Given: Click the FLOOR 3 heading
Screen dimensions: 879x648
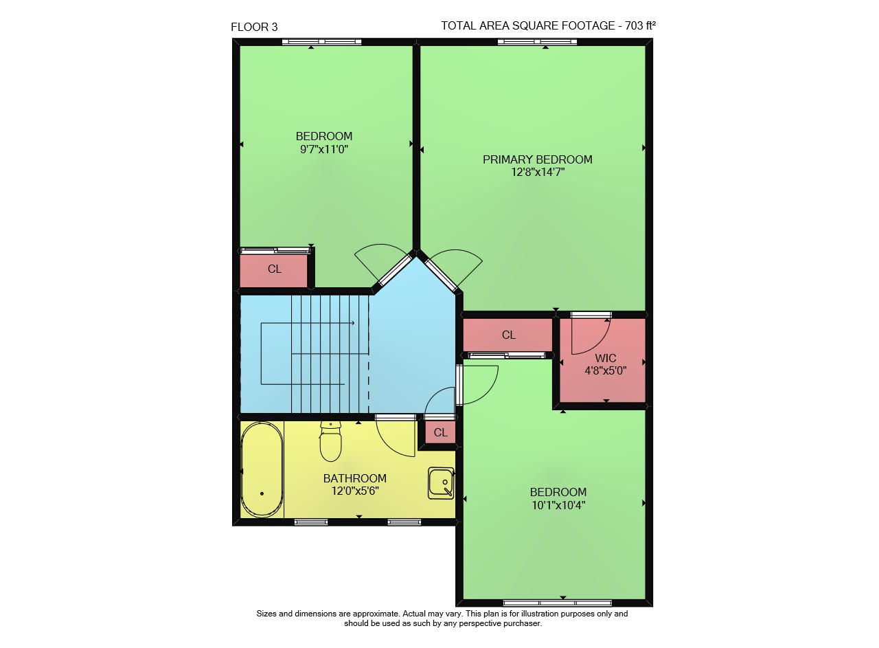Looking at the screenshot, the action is [254, 27].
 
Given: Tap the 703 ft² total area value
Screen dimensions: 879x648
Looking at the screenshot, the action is [641, 25].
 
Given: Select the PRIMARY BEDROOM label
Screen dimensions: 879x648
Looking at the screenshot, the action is [537, 159].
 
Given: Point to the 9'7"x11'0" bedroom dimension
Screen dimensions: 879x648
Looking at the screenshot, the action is [324, 149].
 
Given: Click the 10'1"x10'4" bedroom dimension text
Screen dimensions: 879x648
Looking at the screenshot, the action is [558, 505].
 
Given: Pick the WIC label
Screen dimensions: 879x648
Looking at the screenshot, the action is [606, 358].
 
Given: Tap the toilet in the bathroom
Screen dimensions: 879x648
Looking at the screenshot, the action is [330, 441].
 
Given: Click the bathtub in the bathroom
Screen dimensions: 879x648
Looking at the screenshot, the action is [262, 470].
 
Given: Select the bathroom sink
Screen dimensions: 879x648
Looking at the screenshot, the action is [441, 483].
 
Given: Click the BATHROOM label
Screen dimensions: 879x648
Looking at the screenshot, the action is [355, 478].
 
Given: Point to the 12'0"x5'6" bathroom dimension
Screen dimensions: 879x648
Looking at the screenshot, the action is [355, 491].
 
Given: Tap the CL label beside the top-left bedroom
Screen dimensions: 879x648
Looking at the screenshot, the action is [274, 269].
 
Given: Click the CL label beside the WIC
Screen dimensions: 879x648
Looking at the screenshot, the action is [509, 335].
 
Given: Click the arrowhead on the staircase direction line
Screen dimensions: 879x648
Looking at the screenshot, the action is [353, 323].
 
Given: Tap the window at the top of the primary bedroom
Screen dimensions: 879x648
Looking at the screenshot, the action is [537, 42].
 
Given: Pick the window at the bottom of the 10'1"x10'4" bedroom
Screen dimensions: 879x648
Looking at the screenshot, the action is [557, 603].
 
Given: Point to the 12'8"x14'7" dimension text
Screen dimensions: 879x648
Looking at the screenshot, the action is [538, 172].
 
